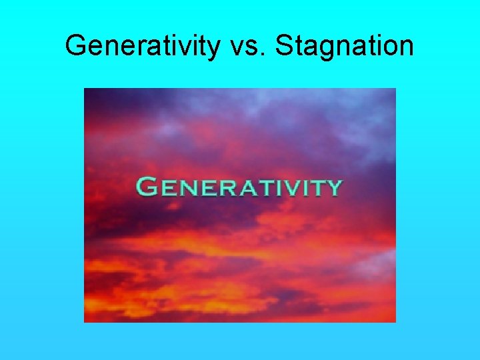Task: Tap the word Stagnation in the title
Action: pyautogui.click(x=344, y=45)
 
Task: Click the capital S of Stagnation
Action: pyautogui.click(x=283, y=45)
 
